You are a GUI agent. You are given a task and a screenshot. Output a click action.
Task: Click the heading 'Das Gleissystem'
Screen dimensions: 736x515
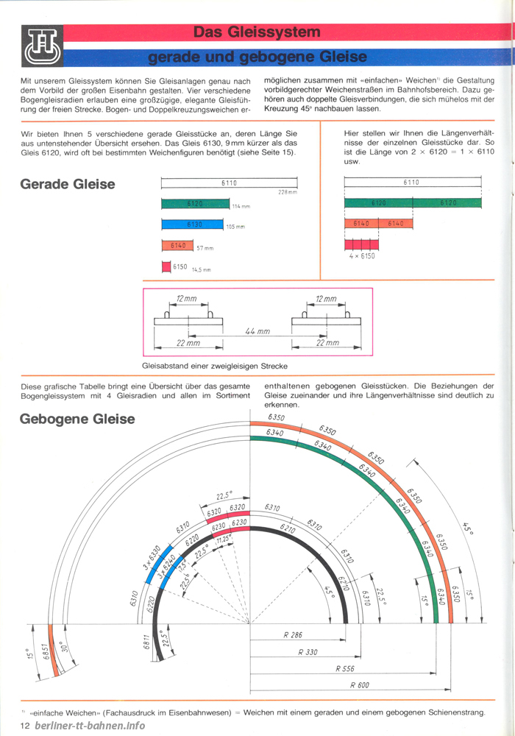click(x=257, y=32)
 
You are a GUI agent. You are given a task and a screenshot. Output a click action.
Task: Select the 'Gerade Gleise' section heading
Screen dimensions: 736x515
click(x=68, y=184)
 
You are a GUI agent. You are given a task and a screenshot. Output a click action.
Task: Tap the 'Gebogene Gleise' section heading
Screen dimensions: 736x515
click(x=77, y=419)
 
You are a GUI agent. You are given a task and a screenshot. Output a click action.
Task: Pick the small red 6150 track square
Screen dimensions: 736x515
click(x=166, y=266)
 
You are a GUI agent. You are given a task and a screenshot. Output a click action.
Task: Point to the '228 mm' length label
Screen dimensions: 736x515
click(x=287, y=192)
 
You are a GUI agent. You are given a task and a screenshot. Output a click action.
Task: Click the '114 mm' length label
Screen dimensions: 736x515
click(x=241, y=206)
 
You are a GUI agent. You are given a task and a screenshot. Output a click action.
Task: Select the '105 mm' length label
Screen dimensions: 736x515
click(x=235, y=227)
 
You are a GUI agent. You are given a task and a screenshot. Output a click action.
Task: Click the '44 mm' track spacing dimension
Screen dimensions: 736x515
click(x=257, y=332)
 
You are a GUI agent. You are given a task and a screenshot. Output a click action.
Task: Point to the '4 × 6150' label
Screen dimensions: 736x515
click(x=361, y=256)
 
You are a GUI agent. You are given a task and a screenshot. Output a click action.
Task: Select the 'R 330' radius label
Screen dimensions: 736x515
click(x=308, y=651)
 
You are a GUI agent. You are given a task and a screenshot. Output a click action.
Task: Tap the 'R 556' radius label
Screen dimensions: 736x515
click(x=346, y=668)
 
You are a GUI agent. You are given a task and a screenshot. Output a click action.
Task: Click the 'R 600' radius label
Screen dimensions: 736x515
click(x=360, y=685)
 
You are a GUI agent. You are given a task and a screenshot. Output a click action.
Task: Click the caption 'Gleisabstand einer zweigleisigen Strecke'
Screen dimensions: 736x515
click(x=214, y=366)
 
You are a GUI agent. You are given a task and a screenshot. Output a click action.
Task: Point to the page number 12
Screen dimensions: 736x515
click(x=25, y=726)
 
